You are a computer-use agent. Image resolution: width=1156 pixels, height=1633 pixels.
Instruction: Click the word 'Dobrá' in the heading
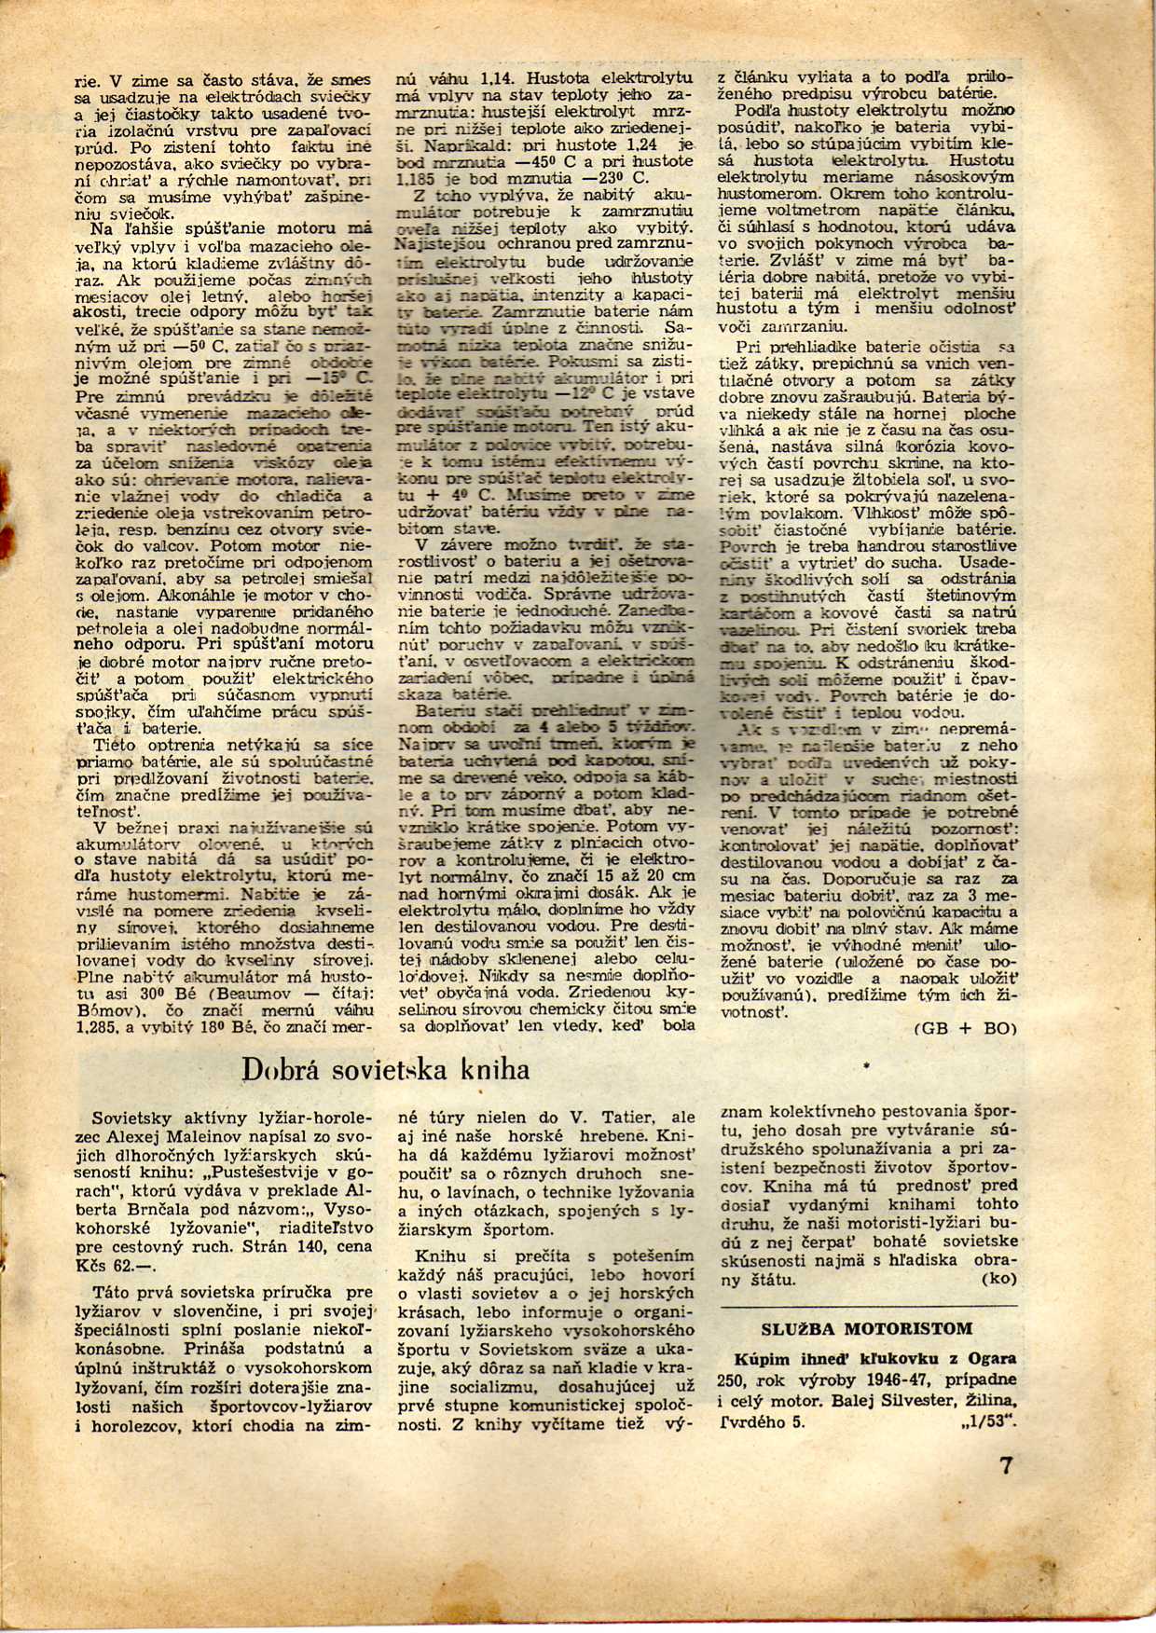tap(277, 1068)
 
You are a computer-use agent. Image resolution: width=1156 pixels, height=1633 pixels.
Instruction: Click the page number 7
tap(1006, 1464)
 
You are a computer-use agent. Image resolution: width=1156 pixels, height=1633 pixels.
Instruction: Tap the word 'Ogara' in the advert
tap(989, 1358)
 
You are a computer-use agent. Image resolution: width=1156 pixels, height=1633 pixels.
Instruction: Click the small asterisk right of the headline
tap(866, 1062)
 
